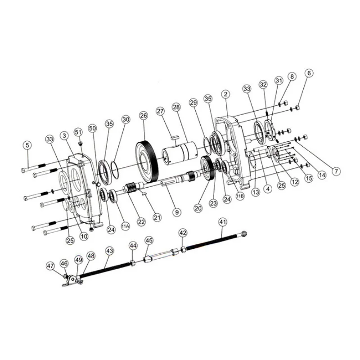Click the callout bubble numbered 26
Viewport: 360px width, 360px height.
144,116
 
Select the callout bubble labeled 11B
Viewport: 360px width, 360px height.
240,196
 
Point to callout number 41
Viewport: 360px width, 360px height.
223,222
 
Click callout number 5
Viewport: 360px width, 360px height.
27,145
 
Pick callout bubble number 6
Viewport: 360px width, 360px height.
309,73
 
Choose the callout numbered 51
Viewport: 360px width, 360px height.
78,132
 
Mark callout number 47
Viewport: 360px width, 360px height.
50,266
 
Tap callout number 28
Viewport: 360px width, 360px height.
177,107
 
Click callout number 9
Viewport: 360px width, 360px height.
177,212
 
